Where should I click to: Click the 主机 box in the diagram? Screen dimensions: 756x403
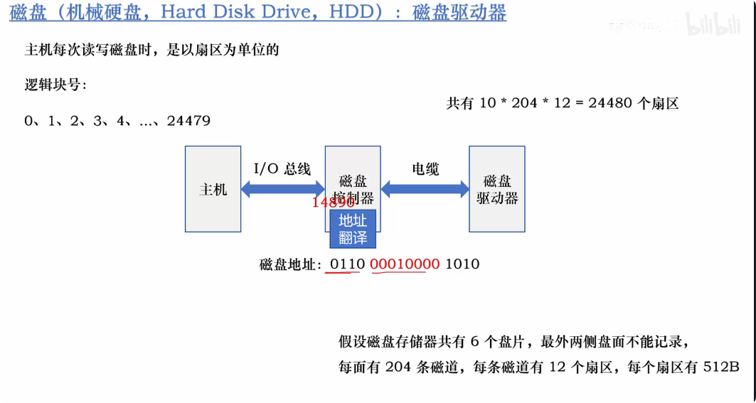point(213,189)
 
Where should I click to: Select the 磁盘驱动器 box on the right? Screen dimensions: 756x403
point(496,189)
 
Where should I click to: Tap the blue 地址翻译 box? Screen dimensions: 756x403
point(353,229)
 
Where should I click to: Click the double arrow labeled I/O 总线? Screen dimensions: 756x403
point(282,189)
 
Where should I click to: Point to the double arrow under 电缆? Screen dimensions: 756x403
point(425,189)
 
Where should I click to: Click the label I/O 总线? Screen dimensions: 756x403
point(282,168)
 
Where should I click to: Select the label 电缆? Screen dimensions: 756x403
point(425,168)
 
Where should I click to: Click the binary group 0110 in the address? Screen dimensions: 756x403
point(347,264)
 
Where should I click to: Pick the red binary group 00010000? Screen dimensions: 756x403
point(405,264)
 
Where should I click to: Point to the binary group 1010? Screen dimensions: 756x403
point(462,264)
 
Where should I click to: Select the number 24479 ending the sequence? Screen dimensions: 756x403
point(188,121)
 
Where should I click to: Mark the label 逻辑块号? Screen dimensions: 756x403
point(55,85)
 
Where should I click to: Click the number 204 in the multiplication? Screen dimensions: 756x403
point(524,103)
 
